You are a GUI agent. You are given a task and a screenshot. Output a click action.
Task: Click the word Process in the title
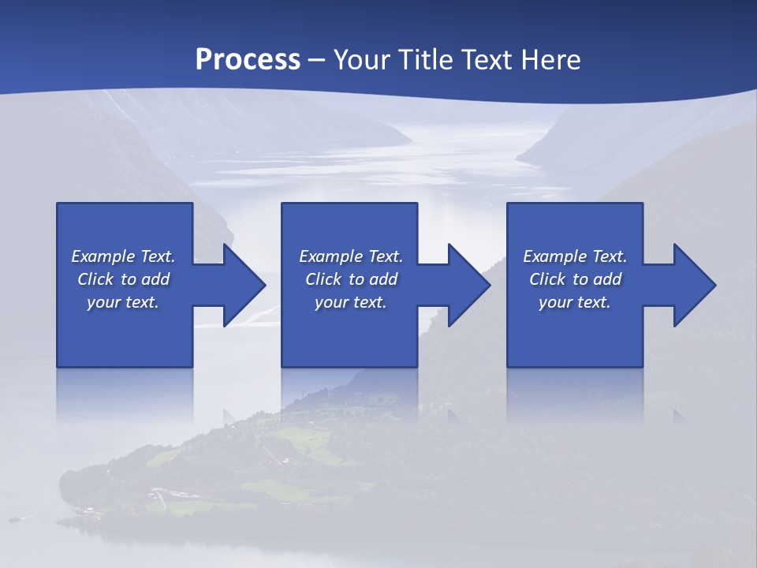(248, 60)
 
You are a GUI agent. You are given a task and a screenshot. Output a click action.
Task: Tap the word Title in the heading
(428, 60)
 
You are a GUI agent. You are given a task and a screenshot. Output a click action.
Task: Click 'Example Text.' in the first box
(123, 256)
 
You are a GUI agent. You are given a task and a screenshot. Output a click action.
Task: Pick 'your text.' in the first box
(123, 302)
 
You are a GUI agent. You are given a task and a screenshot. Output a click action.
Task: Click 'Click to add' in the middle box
(351, 279)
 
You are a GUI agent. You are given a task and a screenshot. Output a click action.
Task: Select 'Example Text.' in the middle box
(351, 256)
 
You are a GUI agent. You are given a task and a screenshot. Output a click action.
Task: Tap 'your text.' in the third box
(575, 302)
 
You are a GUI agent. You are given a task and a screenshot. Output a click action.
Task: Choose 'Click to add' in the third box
(575, 279)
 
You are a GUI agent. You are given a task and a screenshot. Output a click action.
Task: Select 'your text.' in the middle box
(351, 302)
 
